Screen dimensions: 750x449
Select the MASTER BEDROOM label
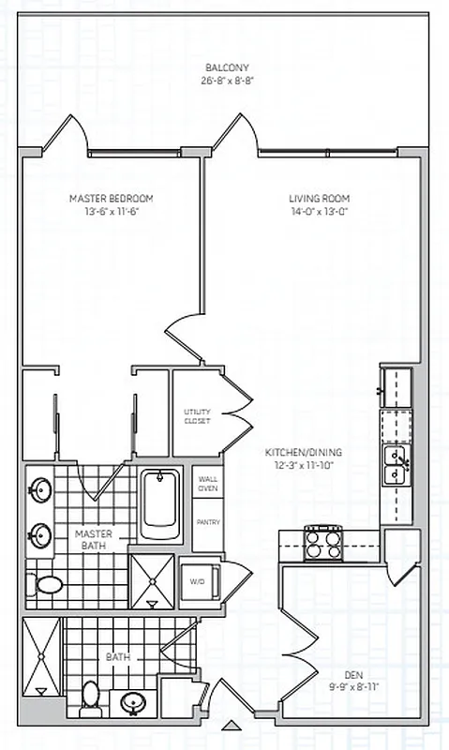click(111, 199)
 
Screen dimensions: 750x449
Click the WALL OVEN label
click(207, 483)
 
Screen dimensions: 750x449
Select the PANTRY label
click(207, 521)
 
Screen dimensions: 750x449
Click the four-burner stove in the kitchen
click(324, 541)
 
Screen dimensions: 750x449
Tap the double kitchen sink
click(394, 464)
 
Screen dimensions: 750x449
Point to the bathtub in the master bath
click(162, 506)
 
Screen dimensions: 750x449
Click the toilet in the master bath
click(47, 586)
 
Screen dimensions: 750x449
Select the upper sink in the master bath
click(40, 490)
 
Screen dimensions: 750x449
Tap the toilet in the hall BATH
click(91, 695)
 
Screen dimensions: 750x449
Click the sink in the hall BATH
click(132, 702)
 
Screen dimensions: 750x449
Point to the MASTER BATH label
click(94, 539)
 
